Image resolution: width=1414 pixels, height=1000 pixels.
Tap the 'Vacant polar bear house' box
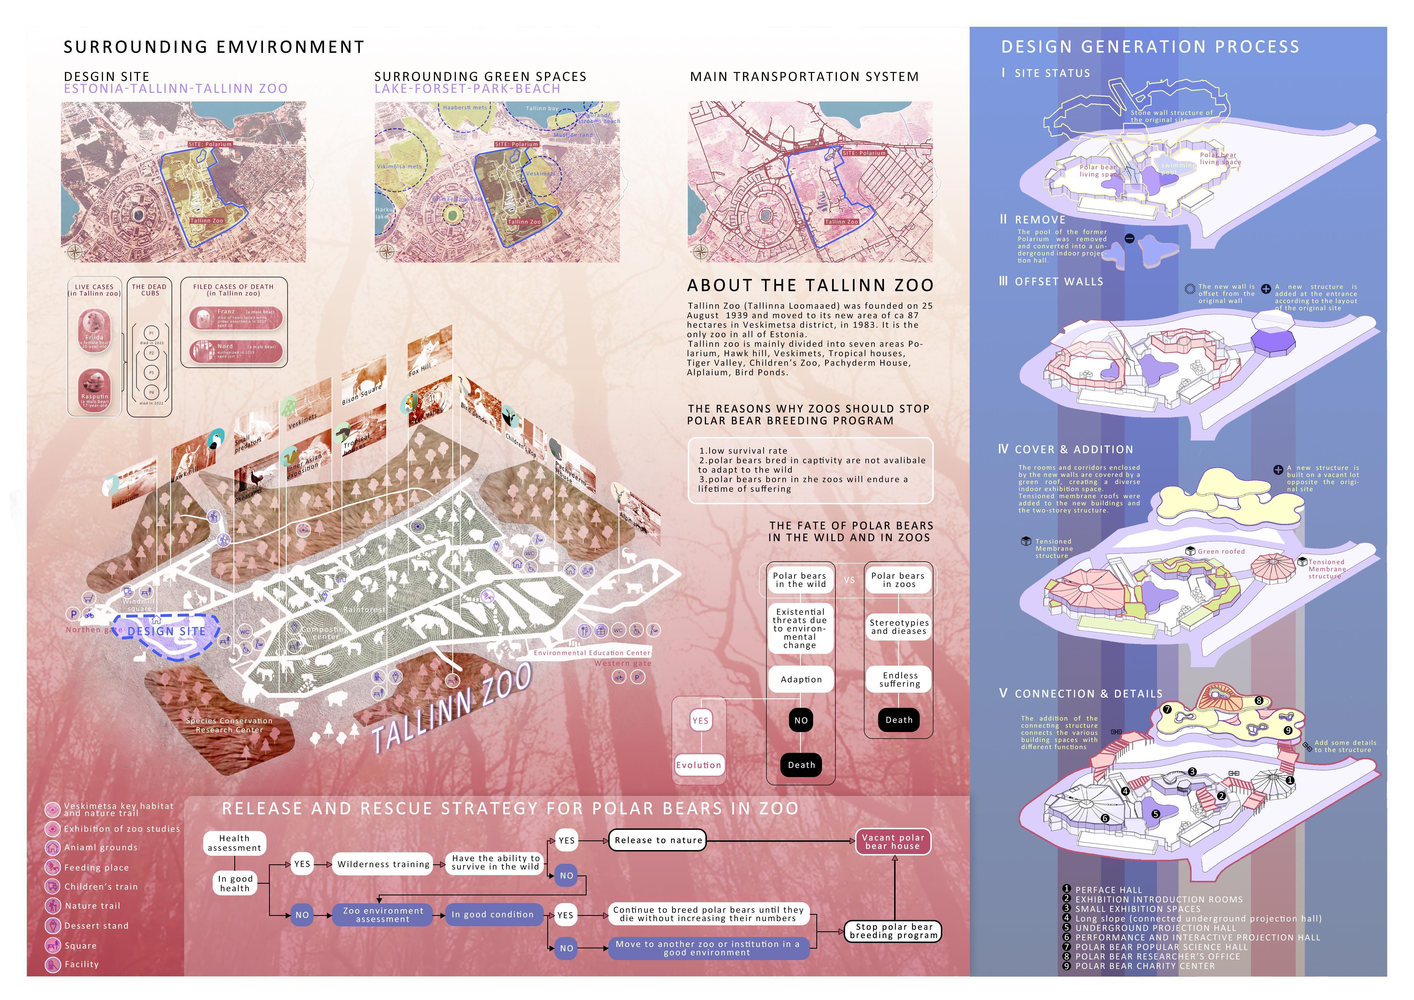pyautogui.click(x=893, y=842)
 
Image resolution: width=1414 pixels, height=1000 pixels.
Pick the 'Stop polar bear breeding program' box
pyautogui.click(x=894, y=931)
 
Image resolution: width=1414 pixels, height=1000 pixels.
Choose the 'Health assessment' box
pyautogui.click(x=235, y=843)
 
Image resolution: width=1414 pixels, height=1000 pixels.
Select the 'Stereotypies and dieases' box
pyautogui.click(x=898, y=627)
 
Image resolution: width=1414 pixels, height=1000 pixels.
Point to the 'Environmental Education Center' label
pyautogui.click(x=592, y=653)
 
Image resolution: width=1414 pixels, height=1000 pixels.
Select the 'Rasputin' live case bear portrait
pyautogui.click(x=95, y=388)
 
